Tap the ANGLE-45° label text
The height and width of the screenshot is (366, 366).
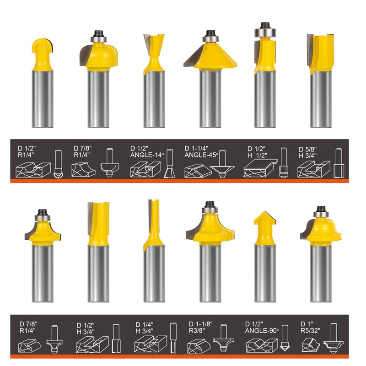click(x=201, y=155)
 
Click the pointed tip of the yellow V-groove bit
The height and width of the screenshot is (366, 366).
click(x=265, y=213)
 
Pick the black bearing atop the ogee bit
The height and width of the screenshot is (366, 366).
click(x=321, y=211)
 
